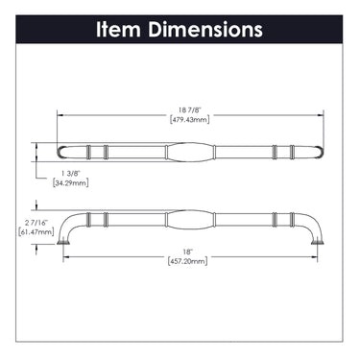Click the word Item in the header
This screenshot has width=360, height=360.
118,30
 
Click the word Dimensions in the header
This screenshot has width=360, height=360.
205,30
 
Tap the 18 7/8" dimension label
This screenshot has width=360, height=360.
189,110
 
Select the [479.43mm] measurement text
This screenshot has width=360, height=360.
189,120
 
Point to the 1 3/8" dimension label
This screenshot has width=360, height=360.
70,174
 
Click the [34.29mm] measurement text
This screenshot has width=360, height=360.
70,183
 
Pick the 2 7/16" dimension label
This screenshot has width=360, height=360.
36,222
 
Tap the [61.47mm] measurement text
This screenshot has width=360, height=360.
36,231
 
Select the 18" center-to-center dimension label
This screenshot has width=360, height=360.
189,252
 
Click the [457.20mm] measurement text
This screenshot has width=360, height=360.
187,261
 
